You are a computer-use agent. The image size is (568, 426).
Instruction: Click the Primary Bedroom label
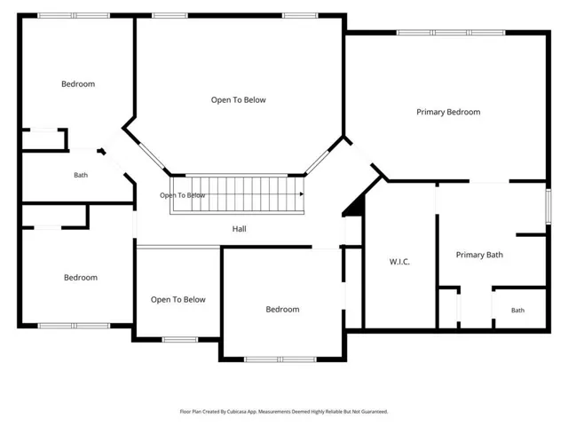(448, 112)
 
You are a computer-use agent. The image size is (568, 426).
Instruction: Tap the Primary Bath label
(479, 255)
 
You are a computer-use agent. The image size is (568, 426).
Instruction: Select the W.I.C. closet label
(399, 262)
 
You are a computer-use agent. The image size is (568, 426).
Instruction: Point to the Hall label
(239, 229)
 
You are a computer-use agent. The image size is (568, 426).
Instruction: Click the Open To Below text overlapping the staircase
(183, 195)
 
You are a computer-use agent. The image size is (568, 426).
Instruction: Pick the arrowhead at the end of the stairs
(302, 194)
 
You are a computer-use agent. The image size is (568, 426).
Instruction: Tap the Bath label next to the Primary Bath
(517, 310)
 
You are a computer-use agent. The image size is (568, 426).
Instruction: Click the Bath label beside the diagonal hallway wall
(81, 175)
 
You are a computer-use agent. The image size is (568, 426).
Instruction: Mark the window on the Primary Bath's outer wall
(548, 206)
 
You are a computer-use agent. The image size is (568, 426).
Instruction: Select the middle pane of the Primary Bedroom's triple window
(451, 33)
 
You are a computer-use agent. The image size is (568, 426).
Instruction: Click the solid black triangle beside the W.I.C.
(355, 207)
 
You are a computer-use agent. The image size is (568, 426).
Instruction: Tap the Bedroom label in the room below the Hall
(282, 310)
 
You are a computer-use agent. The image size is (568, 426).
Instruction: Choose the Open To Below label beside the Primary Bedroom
(239, 100)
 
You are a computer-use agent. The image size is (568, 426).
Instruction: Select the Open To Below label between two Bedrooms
(177, 300)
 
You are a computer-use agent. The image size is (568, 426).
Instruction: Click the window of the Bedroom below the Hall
(280, 359)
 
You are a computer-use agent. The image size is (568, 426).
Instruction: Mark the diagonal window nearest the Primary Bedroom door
(318, 162)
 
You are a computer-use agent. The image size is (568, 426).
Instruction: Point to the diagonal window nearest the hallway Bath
(152, 156)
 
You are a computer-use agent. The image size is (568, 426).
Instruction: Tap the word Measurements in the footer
(274, 412)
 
